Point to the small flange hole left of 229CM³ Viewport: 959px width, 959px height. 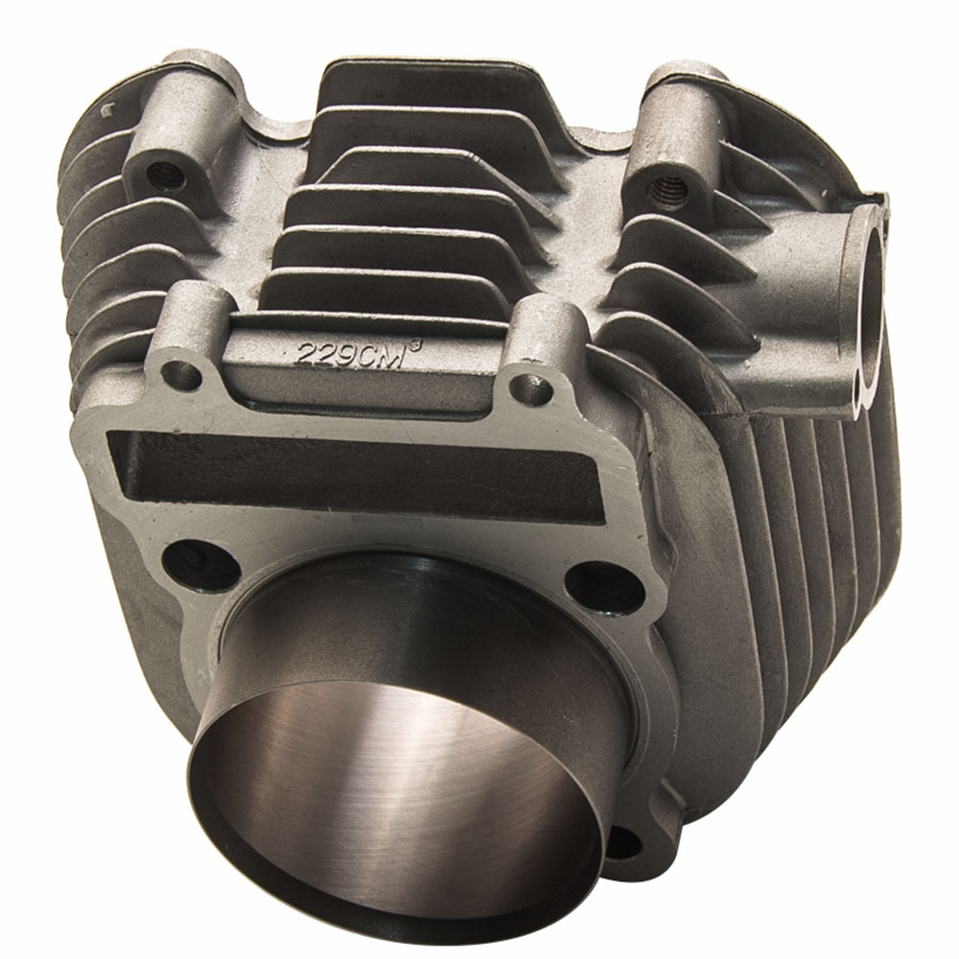pyautogui.click(x=181, y=374)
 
